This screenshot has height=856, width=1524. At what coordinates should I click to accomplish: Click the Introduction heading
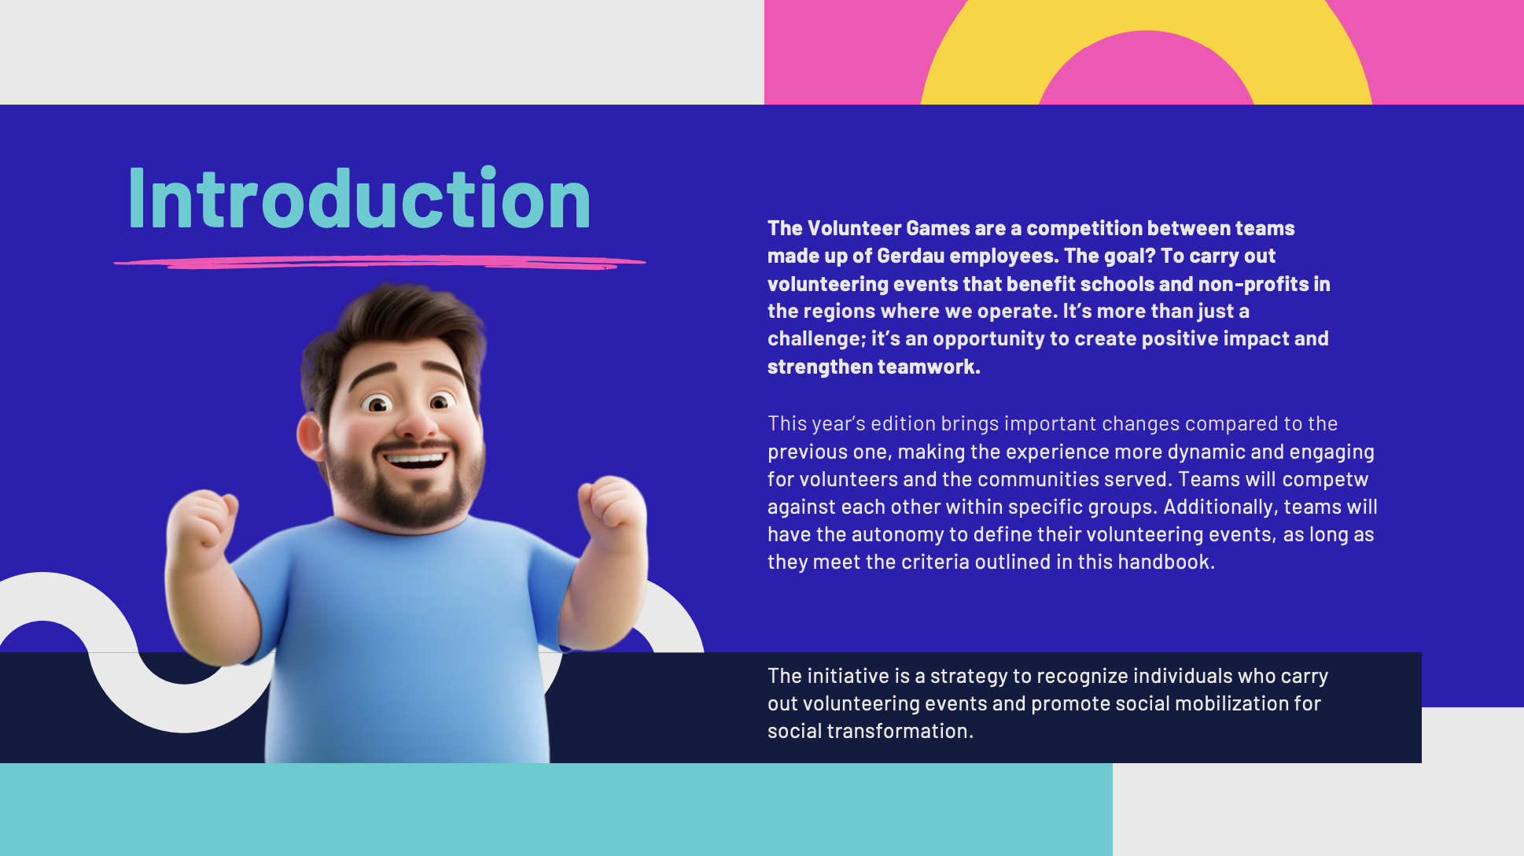(x=359, y=198)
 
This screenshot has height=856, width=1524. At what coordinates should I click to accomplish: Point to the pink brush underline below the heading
(x=380, y=262)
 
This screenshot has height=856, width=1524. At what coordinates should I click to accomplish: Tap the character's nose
(x=414, y=422)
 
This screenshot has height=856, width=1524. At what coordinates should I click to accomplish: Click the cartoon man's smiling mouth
(x=414, y=459)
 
